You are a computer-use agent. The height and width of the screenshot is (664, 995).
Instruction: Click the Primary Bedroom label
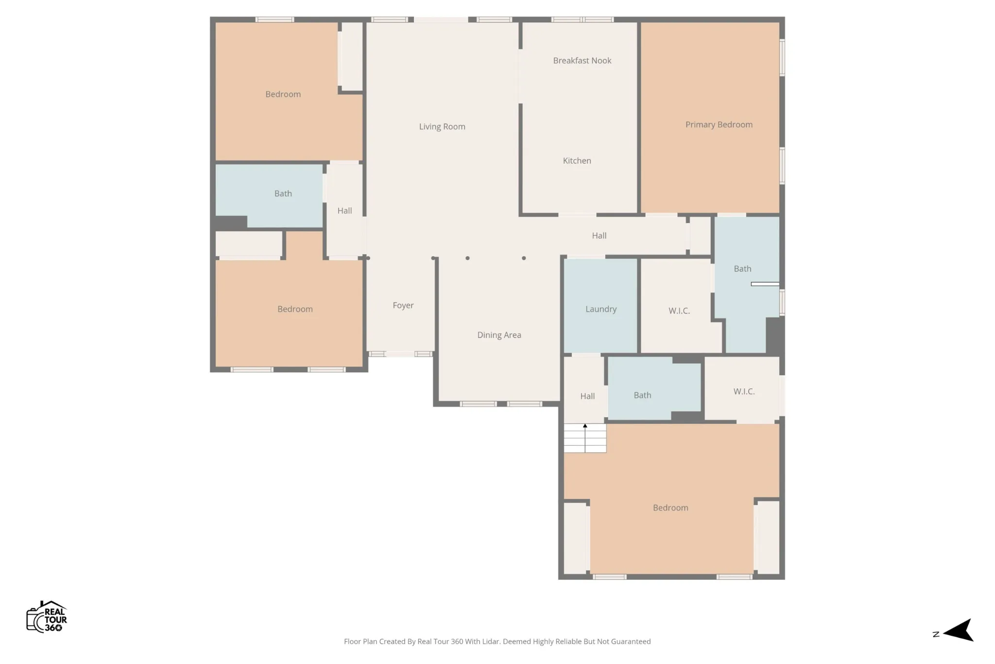[719, 124]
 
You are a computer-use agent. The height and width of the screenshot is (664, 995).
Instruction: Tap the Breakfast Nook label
[582, 60]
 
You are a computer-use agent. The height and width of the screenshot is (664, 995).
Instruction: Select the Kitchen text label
[577, 160]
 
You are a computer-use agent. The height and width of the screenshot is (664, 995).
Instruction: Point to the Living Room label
[442, 126]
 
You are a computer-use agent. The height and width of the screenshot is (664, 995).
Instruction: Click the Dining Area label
[499, 335]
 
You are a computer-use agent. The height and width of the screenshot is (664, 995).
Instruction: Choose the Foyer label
[403, 305]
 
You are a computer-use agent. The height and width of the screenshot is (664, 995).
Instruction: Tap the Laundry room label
[601, 309]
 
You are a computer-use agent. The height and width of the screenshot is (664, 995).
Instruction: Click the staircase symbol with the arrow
[585, 438]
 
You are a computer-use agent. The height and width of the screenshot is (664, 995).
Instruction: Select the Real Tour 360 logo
[47, 616]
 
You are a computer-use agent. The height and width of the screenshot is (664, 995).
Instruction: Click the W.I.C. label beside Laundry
[679, 311]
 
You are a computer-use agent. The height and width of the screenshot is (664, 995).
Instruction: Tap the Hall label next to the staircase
[587, 396]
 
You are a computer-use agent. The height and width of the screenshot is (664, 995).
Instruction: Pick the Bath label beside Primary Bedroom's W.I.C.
[742, 268]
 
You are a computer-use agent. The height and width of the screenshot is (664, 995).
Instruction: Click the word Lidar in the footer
[492, 642]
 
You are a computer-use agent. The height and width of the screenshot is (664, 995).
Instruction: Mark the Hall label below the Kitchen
[599, 235]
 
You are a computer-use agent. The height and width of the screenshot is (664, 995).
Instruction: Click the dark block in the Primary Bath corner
[775, 335]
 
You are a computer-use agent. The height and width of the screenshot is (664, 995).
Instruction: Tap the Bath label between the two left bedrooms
[283, 193]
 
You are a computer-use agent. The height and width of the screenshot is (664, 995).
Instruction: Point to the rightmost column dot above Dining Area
[524, 258]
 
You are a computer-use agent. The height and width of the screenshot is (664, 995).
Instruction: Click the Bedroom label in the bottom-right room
[670, 507]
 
